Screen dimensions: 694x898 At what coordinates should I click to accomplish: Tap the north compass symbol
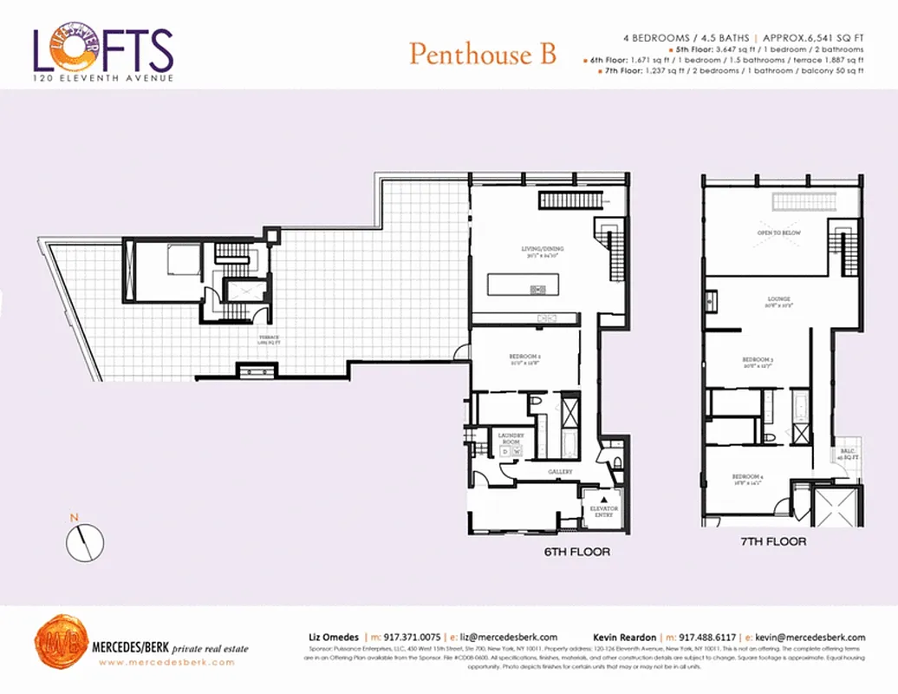pyautogui.click(x=85, y=542)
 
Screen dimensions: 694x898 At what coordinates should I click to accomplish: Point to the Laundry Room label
pyautogui.click(x=510, y=439)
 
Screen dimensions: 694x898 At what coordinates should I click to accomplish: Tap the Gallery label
pyautogui.click(x=560, y=472)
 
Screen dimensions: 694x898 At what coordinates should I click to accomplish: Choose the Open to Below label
pyautogui.click(x=778, y=233)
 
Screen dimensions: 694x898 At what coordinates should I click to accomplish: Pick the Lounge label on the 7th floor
pyautogui.click(x=778, y=300)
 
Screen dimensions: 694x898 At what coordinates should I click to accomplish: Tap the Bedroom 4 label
pyautogui.click(x=747, y=477)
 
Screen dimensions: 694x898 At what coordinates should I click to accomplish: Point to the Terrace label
pyautogui.click(x=268, y=337)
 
